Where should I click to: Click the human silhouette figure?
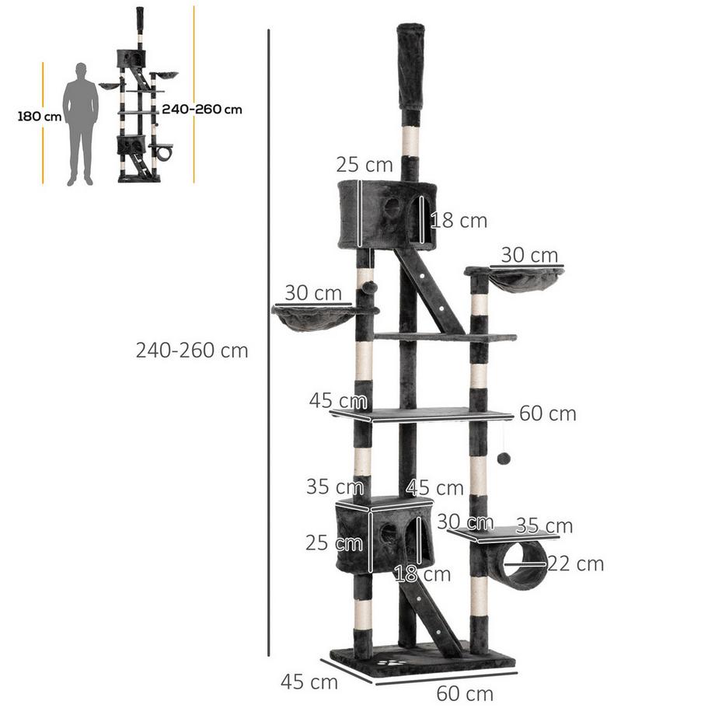point(81,124)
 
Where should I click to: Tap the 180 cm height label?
point(39,117)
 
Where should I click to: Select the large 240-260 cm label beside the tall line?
point(192,351)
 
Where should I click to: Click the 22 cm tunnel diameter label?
point(575,564)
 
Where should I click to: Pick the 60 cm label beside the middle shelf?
point(547,413)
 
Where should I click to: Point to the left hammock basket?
point(313,317)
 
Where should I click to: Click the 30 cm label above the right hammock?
point(529,255)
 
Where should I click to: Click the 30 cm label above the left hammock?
point(312,293)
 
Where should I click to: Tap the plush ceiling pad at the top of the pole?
point(411,66)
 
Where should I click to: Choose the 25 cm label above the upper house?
point(364,165)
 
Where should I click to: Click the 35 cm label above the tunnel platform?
point(545,526)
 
